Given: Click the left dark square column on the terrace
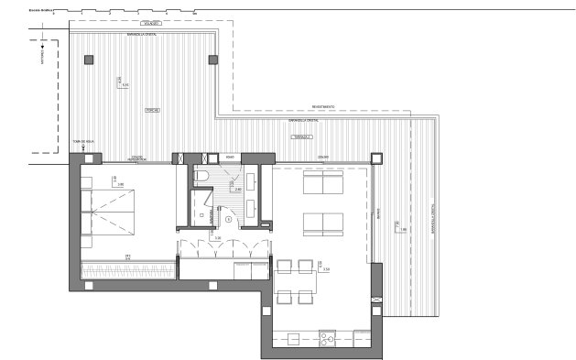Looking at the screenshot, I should pyautogui.click(x=89, y=60).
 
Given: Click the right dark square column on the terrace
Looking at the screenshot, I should pyautogui.click(x=214, y=60).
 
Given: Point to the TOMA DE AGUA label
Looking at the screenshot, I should pyautogui.click(x=83, y=142).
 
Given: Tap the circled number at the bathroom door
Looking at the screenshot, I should pyautogui.click(x=227, y=218).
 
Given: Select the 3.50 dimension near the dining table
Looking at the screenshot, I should pyautogui.click(x=324, y=269).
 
